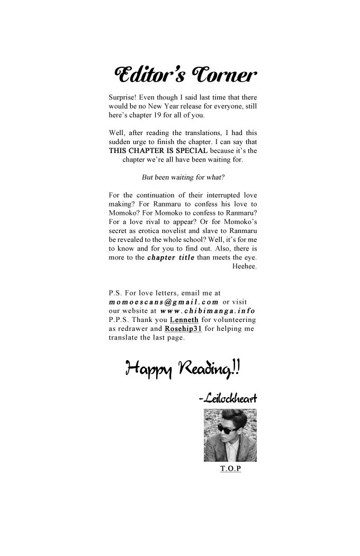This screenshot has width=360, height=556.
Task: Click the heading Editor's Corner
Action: (185, 76)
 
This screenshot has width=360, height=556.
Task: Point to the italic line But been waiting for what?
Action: (183, 177)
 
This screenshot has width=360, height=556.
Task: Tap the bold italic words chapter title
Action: (170, 258)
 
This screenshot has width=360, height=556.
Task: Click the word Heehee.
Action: (245, 266)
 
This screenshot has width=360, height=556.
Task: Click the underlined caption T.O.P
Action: (230, 469)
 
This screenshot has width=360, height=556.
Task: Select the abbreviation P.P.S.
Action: (118, 320)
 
